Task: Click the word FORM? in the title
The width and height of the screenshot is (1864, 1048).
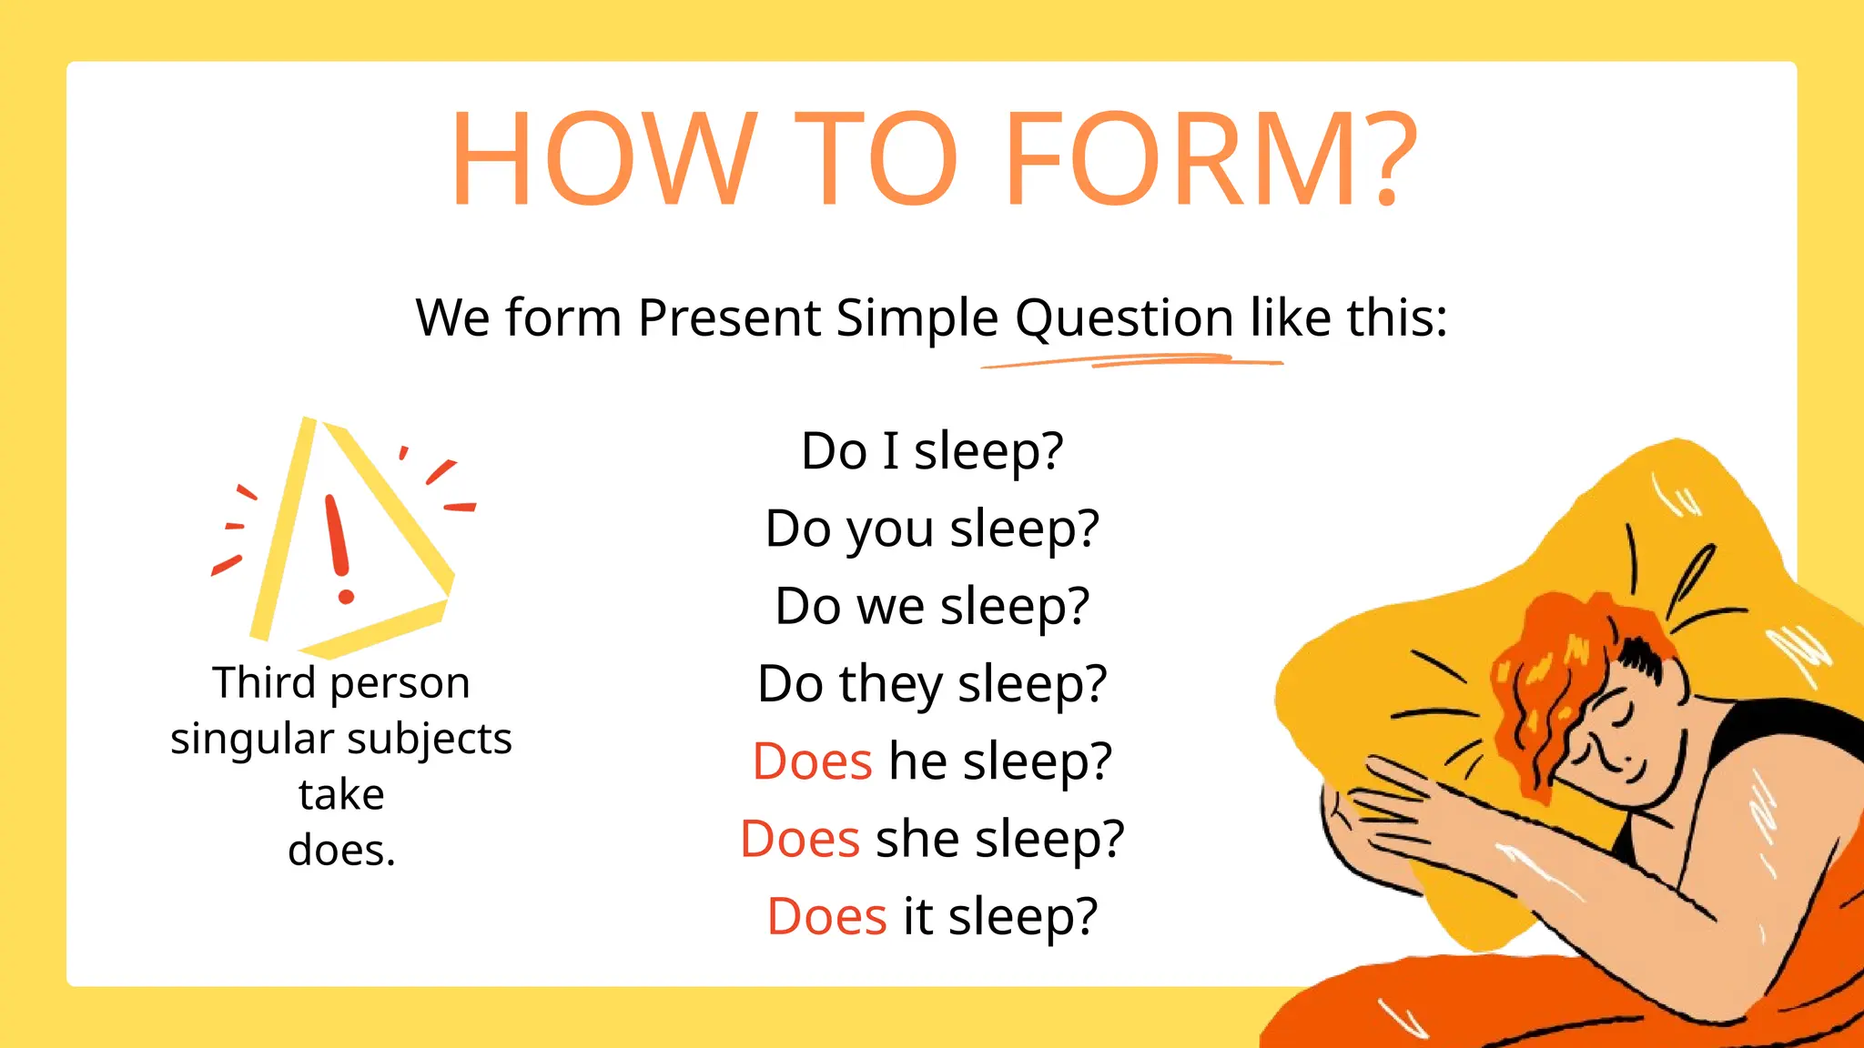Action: click(1211, 159)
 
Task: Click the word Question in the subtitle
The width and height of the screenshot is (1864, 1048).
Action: click(1124, 318)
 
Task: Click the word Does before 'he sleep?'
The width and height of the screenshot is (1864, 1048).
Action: click(813, 761)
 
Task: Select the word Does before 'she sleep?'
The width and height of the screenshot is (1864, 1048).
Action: click(800, 839)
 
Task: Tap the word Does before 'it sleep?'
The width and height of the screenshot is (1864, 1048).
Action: click(826, 916)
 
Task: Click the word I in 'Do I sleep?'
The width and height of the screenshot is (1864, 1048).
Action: click(890, 451)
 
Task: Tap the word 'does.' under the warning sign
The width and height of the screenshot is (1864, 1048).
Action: click(341, 851)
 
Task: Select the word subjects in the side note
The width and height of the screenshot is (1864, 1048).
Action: click(430, 739)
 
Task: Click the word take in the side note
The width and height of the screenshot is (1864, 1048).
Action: click(341, 795)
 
